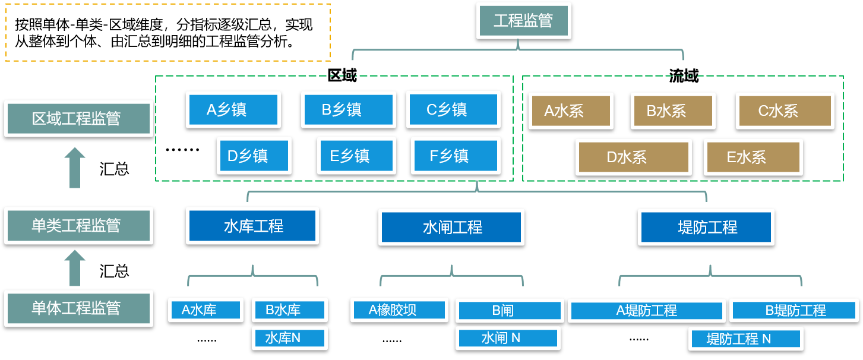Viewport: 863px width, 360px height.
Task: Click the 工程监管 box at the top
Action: point(523,21)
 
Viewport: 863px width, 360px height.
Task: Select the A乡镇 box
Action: point(233,109)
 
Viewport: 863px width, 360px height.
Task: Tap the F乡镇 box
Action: point(456,156)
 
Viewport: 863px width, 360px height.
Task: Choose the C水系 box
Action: point(785,110)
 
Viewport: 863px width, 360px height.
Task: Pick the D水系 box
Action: point(633,157)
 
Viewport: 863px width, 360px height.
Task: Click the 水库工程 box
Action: point(252,226)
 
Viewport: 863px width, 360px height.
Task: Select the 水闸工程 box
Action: point(451,227)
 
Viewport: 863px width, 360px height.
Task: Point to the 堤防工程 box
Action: point(706,227)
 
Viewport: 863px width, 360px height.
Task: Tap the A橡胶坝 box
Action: point(399,310)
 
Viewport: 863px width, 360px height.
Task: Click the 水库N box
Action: point(289,338)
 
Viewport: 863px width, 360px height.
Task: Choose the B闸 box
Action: point(509,310)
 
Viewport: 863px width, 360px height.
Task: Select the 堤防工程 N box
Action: point(746,339)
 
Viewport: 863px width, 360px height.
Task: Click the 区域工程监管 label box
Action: point(78,118)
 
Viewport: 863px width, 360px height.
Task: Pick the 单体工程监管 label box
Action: point(78,308)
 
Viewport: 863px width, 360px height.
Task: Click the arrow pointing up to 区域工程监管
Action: point(75,168)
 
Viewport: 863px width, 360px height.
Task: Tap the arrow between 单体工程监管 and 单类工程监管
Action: point(75,268)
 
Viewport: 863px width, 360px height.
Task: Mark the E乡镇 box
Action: point(356,156)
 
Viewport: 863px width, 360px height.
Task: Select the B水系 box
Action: point(673,110)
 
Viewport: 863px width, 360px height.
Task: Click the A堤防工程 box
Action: point(646,310)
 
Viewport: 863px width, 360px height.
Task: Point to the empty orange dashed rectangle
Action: point(168,32)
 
